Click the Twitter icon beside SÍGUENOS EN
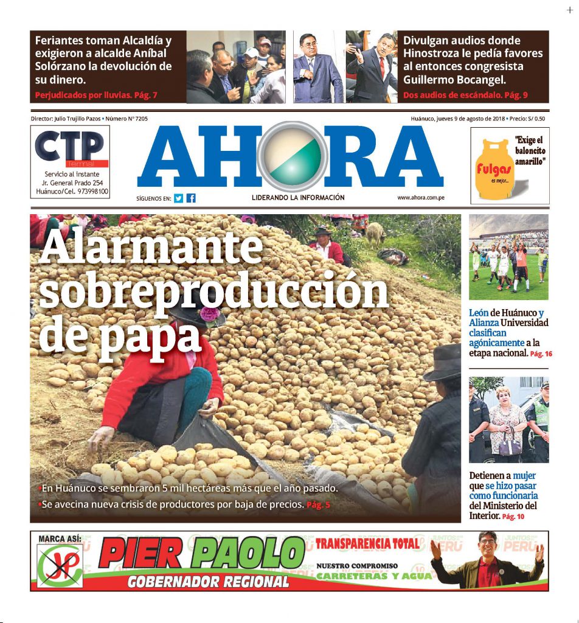178,198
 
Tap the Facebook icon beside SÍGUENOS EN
191,198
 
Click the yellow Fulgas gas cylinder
493,169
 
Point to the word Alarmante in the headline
151,248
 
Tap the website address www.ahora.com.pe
420,198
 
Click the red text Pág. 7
146,96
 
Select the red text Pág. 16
541,353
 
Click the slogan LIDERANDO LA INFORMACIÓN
298,198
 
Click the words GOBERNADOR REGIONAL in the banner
208,582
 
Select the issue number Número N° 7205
127,119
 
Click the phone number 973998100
88,192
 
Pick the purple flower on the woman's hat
209,313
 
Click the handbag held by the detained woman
510,448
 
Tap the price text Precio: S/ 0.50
527,119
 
